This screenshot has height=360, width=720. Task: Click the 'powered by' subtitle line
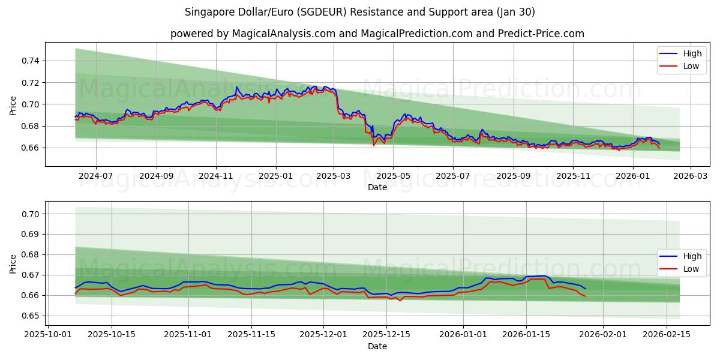tap(377, 34)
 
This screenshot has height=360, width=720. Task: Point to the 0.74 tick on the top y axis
tap(31, 61)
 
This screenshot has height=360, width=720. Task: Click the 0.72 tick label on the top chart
tap(31, 82)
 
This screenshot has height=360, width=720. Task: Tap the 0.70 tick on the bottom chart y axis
tap(31, 214)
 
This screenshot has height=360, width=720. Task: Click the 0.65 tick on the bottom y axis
tap(31, 316)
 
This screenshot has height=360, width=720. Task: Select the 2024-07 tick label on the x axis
tap(96, 176)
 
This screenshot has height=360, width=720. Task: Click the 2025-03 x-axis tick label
tap(334, 176)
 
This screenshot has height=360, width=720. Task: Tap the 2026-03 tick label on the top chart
tap(690, 176)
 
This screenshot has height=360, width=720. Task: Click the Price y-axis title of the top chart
tap(13, 105)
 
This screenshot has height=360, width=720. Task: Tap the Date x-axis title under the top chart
tap(377, 187)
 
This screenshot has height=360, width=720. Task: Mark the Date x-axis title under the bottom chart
tap(377, 346)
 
